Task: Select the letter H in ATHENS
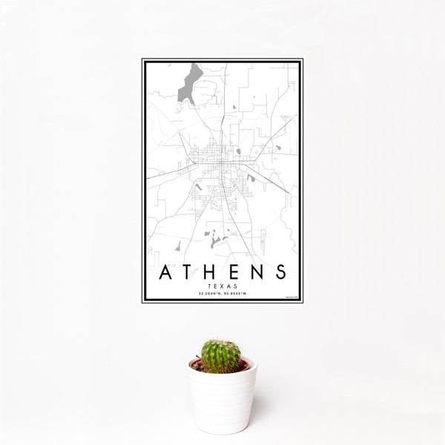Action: coord(211,272)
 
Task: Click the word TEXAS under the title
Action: coord(222,286)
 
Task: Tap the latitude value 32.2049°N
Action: coord(210,294)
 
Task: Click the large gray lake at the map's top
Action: coord(188,82)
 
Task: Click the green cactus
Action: coord(221,356)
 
